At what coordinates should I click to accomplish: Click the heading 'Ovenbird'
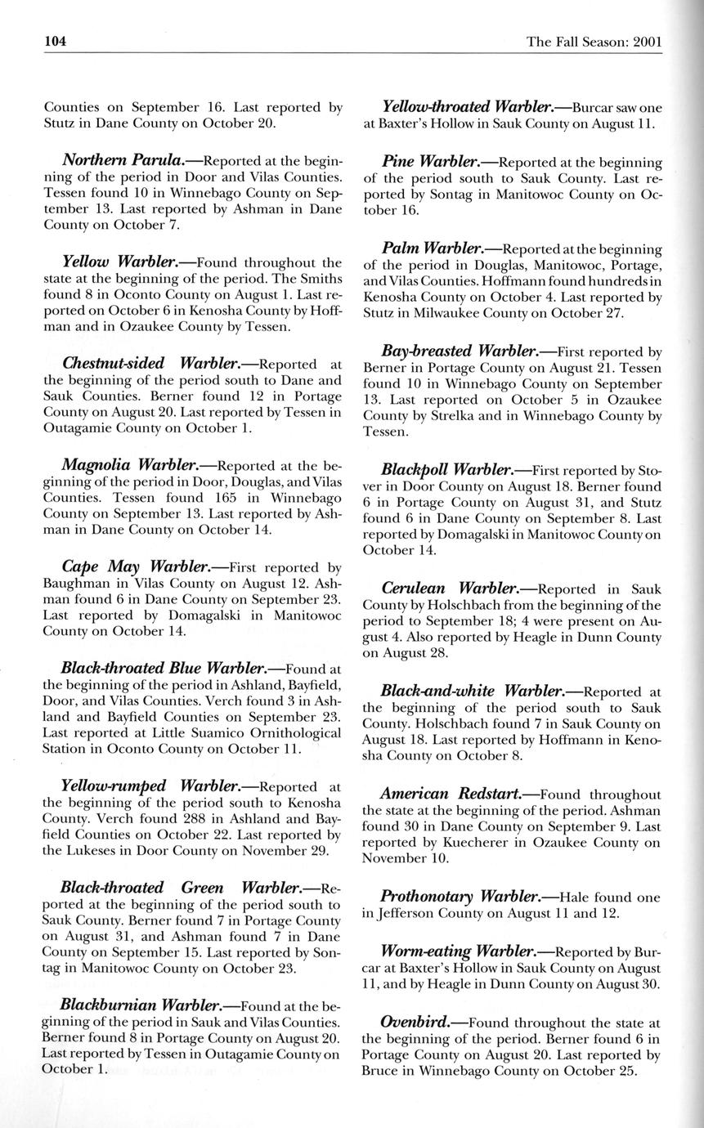coord(413,1022)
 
